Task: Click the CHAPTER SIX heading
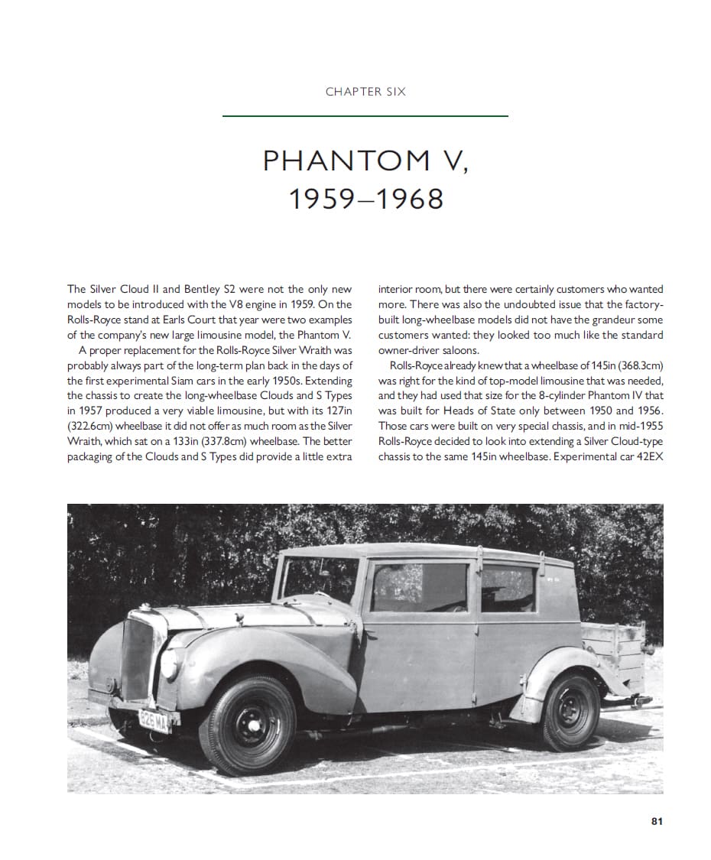pyautogui.click(x=365, y=92)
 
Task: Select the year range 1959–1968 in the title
pyautogui.click(x=365, y=199)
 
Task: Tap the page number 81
pyautogui.click(x=656, y=821)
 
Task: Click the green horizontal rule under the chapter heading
pyautogui.click(x=365, y=116)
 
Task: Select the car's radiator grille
pyautogui.click(x=137, y=658)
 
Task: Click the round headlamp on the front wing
pyautogui.click(x=169, y=663)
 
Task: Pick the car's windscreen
pyautogui.click(x=320, y=579)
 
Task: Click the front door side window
pyautogui.click(x=418, y=587)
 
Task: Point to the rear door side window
pyautogui.click(x=508, y=589)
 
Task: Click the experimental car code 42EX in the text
pyautogui.click(x=648, y=457)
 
